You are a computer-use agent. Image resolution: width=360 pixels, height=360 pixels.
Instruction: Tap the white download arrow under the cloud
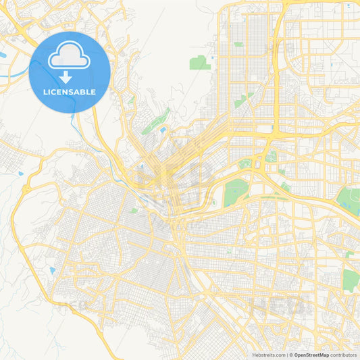[x=70, y=76]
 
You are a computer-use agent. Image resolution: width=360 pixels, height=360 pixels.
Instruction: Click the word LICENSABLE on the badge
[x=70, y=92]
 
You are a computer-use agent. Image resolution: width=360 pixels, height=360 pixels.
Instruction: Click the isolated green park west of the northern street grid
[x=199, y=63]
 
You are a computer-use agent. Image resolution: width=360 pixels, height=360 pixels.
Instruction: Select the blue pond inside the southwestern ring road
[x=52, y=271]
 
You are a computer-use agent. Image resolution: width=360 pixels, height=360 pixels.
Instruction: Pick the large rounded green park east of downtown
[x=235, y=192]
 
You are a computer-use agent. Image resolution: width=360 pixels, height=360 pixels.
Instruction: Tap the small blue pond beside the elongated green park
[x=163, y=128]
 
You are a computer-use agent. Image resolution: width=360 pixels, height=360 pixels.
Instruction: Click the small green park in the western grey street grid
[x=134, y=211]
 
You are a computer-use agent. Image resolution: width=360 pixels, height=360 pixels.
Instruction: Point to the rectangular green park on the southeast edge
[x=349, y=280]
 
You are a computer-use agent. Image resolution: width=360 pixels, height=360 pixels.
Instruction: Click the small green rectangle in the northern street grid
[x=238, y=45]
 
